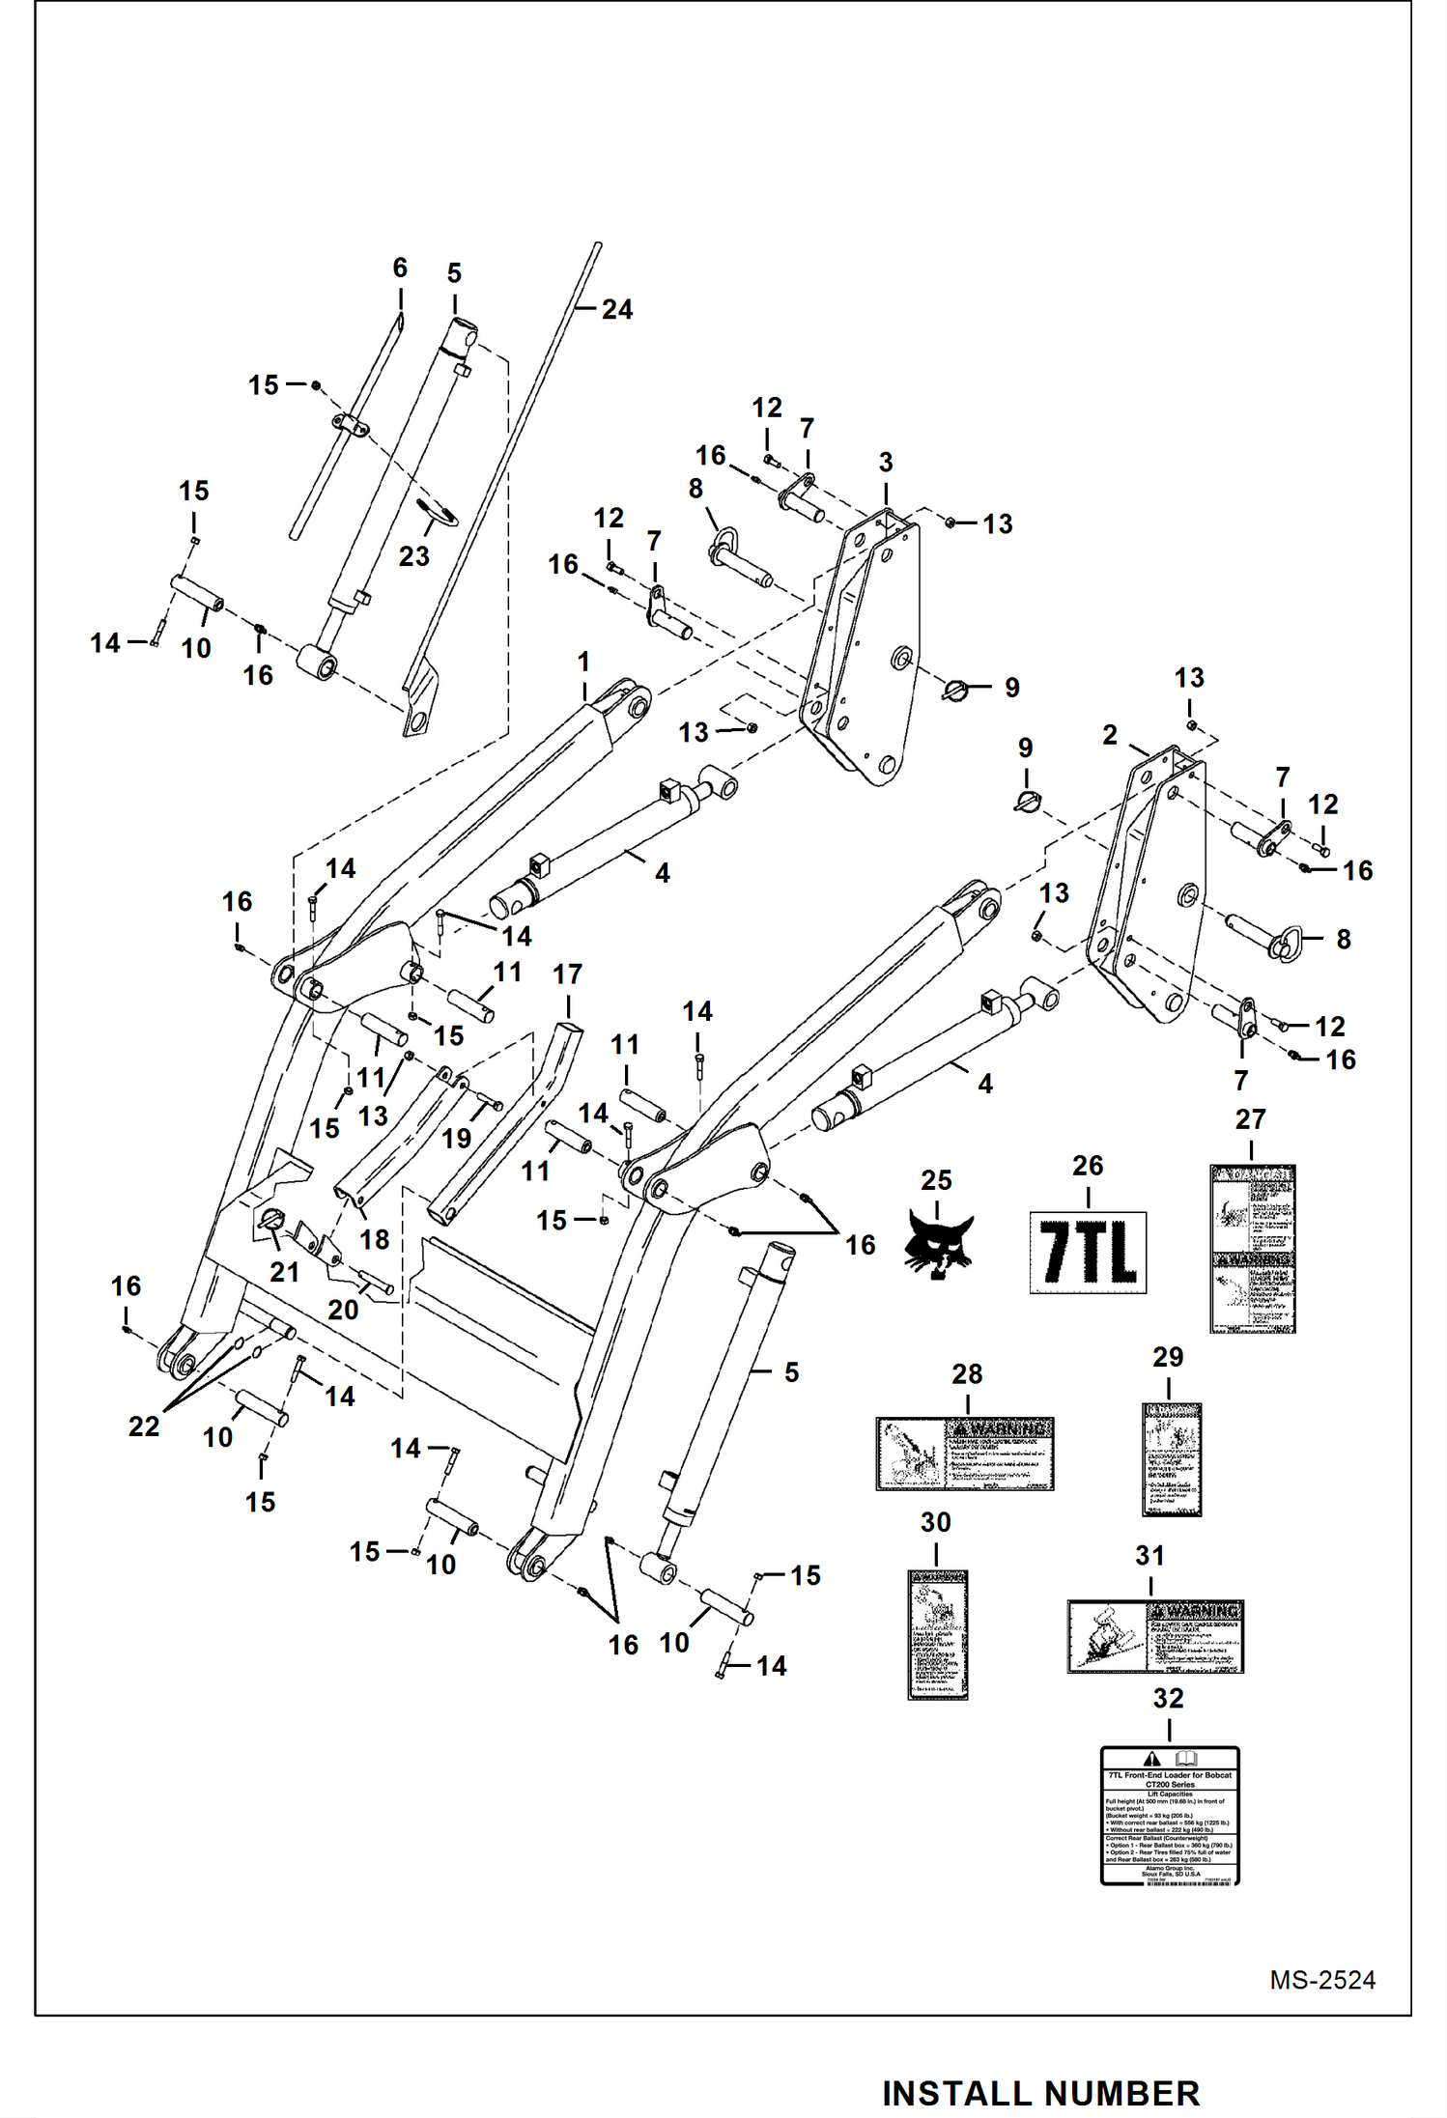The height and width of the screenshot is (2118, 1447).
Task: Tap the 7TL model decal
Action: tap(1088, 1253)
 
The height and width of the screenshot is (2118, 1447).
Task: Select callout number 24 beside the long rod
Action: tap(617, 309)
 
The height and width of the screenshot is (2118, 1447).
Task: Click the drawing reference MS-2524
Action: tap(1321, 1979)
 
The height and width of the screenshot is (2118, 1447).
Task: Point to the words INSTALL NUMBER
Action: tap(1040, 2093)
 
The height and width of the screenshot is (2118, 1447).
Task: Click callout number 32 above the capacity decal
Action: tap(1168, 1697)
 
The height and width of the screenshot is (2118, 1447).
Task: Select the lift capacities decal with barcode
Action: tap(1169, 1815)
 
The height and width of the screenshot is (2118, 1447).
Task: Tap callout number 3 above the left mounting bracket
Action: tap(886, 463)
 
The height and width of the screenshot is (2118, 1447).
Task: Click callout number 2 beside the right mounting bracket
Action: tap(1110, 735)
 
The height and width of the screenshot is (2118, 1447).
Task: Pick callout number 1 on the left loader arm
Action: tap(583, 662)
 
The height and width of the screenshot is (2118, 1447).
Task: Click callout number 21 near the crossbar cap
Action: tap(284, 1272)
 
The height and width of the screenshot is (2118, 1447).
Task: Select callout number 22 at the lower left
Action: tap(144, 1426)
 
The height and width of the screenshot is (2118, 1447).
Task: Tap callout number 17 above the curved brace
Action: tap(567, 974)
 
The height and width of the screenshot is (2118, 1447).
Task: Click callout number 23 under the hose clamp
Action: tap(413, 556)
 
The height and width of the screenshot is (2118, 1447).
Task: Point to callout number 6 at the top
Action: tap(400, 268)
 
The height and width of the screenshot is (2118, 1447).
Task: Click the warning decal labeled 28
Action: tap(964, 1454)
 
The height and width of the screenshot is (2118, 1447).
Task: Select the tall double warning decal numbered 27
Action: tap(1252, 1249)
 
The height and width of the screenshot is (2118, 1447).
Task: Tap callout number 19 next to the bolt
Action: tap(456, 1138)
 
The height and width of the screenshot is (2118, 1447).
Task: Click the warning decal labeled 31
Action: tap(1154, 1636)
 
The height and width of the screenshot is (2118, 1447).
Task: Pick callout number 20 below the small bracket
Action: tap(343, 1310)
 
